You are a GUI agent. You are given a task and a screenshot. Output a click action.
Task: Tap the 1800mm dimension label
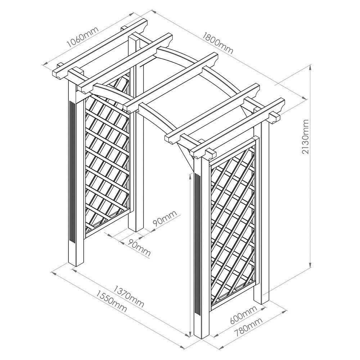pyautogui.click(x=218, y=43)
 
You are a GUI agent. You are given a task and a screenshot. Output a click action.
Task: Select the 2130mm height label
pyautogui.click(x=305, y=136)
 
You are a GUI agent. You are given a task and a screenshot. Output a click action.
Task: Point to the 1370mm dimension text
pyautogui.click(x=129, y=296)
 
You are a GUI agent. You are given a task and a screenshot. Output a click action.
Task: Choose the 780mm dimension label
pyautogui.click(x=248, y=326)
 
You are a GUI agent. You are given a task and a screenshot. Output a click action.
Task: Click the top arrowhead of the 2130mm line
pyautogui.click(x=310, y=67)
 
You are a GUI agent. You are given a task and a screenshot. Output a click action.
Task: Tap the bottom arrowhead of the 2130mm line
pyautogui.click(x=310, y=266)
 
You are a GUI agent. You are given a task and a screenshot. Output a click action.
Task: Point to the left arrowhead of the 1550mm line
pyautogui.click(x=53, y=273)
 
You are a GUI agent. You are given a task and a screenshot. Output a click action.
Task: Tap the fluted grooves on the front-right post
pyautogui.click(x=197, y=243)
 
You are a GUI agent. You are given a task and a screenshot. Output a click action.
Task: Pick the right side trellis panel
pyautogui.click(x=233, y=224)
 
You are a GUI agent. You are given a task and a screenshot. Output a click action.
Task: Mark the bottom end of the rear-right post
pyautogui.click(x=261, y=303)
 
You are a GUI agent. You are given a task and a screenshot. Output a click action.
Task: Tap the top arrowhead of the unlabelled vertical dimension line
pyautogui.click(x=190, y=176)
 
